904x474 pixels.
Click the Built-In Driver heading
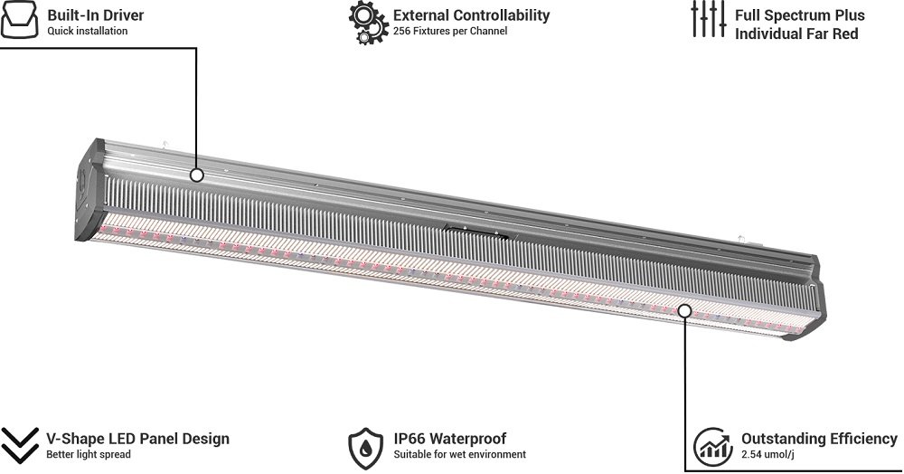(96, 15)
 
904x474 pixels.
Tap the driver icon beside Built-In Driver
(19, 20)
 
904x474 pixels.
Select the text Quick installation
(88, 31)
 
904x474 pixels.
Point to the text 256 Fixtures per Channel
(450, 31)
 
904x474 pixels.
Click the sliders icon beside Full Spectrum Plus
(709, 20)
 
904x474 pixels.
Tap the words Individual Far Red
(796, 34)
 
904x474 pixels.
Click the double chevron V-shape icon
(19, 445)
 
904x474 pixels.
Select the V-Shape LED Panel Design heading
(137, 439)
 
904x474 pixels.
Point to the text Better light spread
(89, 454)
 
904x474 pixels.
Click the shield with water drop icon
(365, 448)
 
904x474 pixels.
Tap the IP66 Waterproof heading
(450, 439)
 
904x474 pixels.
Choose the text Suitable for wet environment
(460, 454)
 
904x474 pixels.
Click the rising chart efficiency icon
(713, 447)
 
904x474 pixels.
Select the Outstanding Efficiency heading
(819, 439)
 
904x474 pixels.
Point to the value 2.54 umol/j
(767, 454)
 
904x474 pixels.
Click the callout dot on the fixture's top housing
(196, 175)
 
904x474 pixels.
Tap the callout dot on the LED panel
(684, 311)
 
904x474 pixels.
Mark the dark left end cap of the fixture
(89, 190)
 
